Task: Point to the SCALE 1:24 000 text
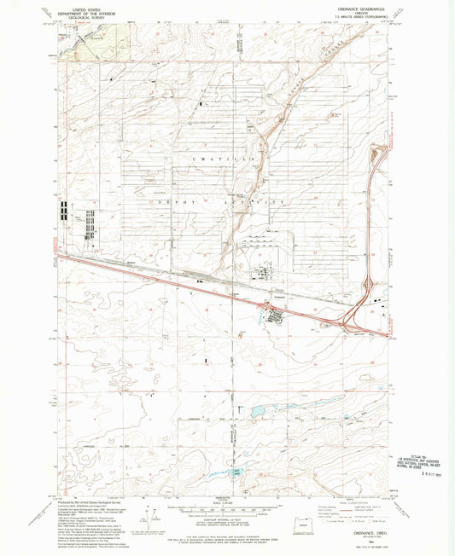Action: click(226, 487)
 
